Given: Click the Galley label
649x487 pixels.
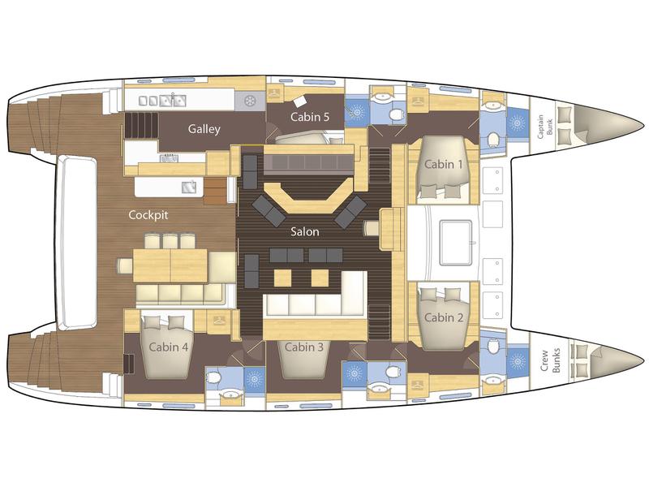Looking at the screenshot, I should (205, 129).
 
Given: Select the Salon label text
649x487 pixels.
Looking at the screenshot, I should (307, 231).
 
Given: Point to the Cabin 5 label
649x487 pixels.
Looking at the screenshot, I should (311, 117).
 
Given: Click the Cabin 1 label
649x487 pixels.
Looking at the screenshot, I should (444, 164).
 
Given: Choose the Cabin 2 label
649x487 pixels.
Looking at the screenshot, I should (444, 317).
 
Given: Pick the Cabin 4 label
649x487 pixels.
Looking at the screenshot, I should (169, 347).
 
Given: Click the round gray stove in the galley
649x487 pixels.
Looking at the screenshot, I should (250, 100).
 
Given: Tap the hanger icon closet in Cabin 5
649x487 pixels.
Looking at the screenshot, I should (275, 95).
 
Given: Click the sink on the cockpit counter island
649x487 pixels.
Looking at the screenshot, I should (190, 187).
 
